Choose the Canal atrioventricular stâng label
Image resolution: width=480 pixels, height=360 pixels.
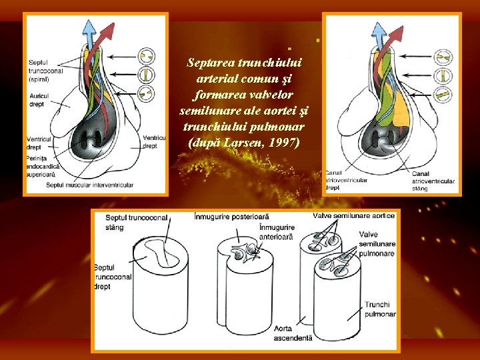(x=437, y=180)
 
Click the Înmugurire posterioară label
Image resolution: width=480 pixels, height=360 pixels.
(x=231, y=217)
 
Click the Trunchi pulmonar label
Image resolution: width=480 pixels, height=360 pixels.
(x=380, y=309)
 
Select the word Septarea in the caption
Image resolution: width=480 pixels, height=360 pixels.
(x=210, y=63)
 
